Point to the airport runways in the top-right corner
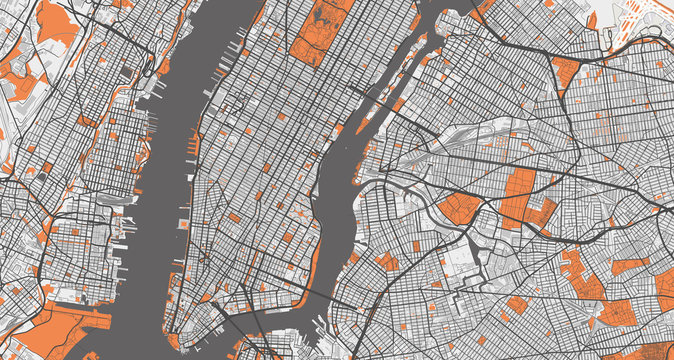640,25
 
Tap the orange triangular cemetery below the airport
565,70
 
